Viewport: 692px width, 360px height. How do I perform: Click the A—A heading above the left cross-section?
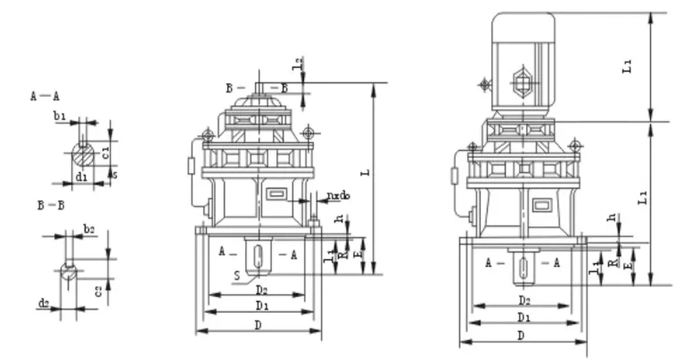tap(44, 96)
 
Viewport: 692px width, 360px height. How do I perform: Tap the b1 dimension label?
tap(60, 118)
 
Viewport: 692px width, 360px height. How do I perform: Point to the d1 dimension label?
tap(81, 177)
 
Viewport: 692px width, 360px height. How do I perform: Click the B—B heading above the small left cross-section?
tap(51, 206)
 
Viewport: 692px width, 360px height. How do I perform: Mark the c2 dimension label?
tap(99, 290)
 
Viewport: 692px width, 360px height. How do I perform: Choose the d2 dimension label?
tap(44, 303)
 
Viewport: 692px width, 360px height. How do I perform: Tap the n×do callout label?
tap(338, 196)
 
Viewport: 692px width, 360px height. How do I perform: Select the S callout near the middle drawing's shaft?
tap(237, 276)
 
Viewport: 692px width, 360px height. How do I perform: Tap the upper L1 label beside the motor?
tap(627, 66)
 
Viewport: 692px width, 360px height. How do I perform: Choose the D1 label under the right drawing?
tap(524, 318)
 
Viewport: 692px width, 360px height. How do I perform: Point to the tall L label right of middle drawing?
tap(367, 170)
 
